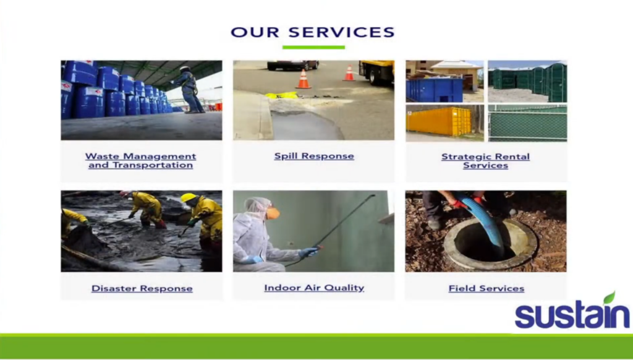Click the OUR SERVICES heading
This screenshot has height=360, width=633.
(312, 32)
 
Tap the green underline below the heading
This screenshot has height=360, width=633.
(313, 47)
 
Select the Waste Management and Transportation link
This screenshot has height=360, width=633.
(140, 160)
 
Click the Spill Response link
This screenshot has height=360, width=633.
(314, 156)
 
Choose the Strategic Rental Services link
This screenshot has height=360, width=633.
(486, 161)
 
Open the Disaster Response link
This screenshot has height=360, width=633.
(142, 288)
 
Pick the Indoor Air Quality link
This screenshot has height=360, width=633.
(314, 288)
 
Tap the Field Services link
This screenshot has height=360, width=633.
(486, 288)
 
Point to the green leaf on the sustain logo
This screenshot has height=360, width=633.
(609, 298)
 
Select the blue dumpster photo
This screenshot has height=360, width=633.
(435, 90)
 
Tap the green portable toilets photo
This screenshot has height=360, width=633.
(528, 81)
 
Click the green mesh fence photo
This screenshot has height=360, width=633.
(528, 123)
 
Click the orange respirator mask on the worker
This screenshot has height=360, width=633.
(273, 213)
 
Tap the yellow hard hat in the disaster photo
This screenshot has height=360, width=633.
(188, 197)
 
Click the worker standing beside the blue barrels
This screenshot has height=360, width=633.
(189, 89)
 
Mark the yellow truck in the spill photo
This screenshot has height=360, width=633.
(376, 72)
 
